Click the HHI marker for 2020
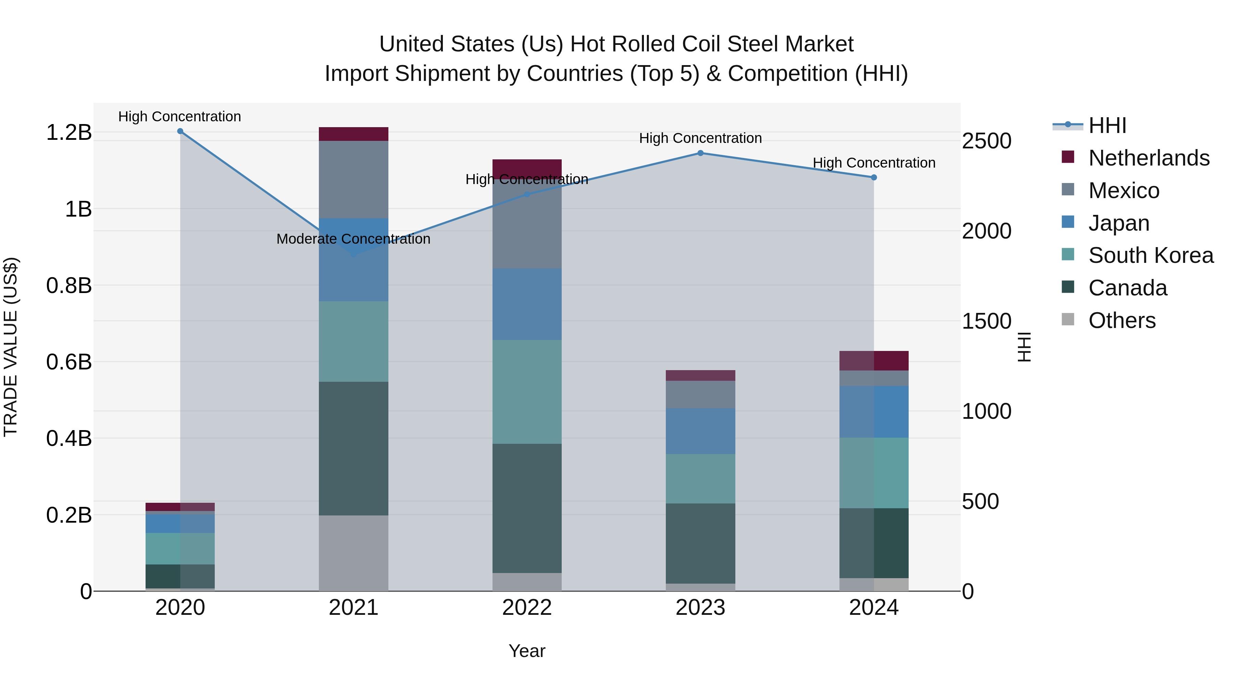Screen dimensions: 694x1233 coord(180,131)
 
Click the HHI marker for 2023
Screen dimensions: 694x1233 coord(700,153)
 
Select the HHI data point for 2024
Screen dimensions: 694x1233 coord(873,178)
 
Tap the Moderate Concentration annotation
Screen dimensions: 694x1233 coord(353,239)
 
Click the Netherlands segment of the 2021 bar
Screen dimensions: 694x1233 coord(353,134)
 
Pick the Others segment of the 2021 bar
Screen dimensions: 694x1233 coord(353,553)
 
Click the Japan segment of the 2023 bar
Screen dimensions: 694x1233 coord(700,431)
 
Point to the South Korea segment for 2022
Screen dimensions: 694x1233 coord(527,392)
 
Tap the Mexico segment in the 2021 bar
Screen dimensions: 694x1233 coord(353,180)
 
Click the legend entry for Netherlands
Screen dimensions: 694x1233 coord(1149,158)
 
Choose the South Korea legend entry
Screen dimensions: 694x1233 coord(1151,255)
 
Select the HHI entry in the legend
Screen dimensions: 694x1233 coord(1107,125)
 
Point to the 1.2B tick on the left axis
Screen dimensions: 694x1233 coord(69,133)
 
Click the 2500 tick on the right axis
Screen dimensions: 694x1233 coord(986,141)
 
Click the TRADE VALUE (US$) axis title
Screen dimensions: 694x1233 coord(11,347)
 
